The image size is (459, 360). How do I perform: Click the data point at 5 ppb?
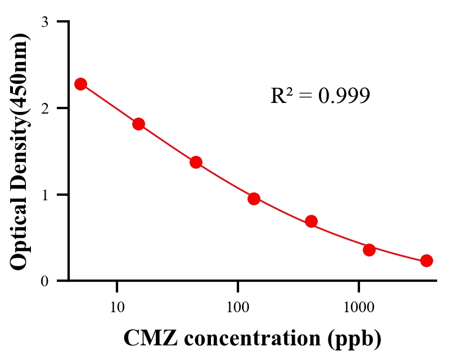point(80,84)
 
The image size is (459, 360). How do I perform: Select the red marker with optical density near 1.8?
point(138,124)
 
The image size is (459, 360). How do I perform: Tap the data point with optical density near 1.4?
point(196,162)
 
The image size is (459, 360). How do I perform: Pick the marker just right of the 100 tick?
point(254,199)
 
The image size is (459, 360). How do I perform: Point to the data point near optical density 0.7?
point(311,221)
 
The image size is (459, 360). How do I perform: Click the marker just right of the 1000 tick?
point(369,250)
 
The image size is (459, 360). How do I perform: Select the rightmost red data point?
point(426,260)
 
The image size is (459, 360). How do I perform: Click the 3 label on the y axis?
point(44,22)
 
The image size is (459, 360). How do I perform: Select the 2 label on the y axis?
point(44,108)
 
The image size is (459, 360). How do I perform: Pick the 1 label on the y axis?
point(44,195)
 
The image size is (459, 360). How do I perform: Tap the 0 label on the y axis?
point(44,281)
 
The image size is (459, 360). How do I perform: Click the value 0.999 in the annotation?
point(344,96)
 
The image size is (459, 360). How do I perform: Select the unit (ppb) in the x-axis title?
point(357,339)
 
